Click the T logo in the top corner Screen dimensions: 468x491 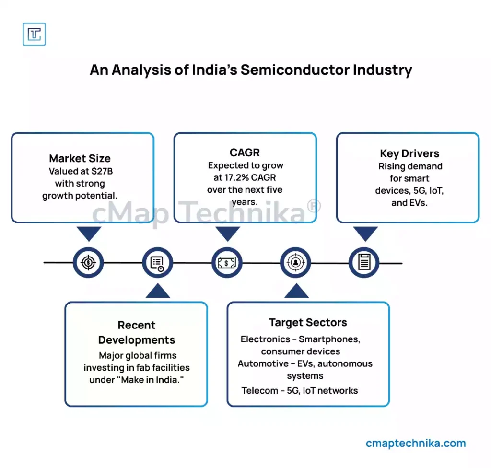click(x=34, y=35)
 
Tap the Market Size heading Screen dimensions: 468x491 click(x=80, y=158)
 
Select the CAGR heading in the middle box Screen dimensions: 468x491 click(x=245, y=152)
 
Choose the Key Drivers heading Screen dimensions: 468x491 click(x=409, y=153)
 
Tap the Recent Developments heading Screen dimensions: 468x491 click(x=137, y=332)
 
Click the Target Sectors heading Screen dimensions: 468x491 click(x=308, y=322)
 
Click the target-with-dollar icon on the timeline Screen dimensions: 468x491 click(x=89, y=263)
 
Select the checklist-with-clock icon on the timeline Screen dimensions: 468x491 click(x=157, y=263)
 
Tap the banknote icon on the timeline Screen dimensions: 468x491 click(x=227, y=263)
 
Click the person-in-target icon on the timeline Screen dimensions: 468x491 click(x=296, y=263)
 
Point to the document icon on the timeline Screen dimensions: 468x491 click(x=364, y=263)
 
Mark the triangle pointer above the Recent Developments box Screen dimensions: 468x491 click(x=157, y=291)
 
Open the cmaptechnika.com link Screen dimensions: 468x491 click(x=415, y=444)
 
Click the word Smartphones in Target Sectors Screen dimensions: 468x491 click(x=329, y=339)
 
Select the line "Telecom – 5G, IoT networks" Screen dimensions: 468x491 click(x=300, y=390)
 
